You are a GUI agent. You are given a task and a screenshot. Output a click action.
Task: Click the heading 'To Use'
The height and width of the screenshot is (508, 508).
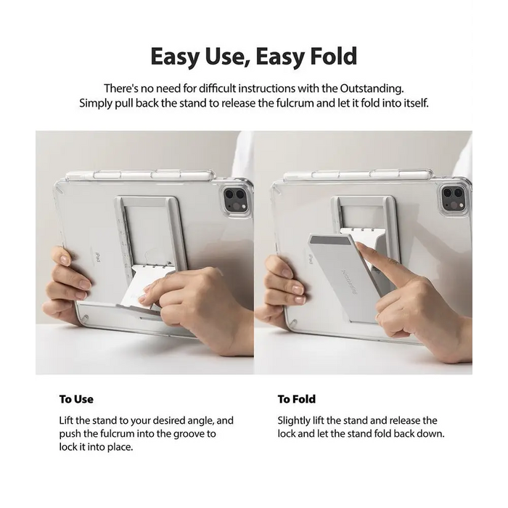pyautogui.click(x=76, y=399)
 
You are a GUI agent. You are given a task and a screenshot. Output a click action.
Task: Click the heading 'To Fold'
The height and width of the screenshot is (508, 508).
pyautogui.click(x=296, y=399)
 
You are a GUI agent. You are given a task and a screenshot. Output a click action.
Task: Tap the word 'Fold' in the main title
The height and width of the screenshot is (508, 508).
pyautogui.click(x=334, y=57)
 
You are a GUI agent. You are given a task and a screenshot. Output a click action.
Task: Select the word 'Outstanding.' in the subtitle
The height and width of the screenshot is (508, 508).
pyautogui.click(x=372, y=88)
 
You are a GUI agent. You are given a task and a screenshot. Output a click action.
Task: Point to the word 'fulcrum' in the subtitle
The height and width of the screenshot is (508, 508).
pyautogui.click(x=295, y=103)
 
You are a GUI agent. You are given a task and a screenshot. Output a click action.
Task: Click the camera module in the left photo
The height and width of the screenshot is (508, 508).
pyautogui.click(x=236, y=200)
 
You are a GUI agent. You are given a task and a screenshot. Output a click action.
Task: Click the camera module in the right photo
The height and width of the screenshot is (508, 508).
pyautogui.click(x=454, y=199)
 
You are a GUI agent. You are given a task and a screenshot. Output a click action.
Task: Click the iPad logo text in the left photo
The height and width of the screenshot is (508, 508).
pyautogui.click(x=97, y=258)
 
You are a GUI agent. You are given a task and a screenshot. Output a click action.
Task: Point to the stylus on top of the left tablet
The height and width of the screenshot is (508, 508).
pyautogui.click(x=140, y=176)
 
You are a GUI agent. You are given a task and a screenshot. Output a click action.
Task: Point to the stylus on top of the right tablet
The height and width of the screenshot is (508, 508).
pyautogui.click(x=358, y=176)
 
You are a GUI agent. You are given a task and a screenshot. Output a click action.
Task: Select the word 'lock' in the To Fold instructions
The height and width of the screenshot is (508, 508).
pyautogui.click(x=287, y=433)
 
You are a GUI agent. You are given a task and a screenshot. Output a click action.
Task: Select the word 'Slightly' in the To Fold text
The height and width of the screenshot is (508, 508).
pyautogui.click(x=294, y=420)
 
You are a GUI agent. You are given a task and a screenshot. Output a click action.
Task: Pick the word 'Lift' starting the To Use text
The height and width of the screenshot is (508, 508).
pyautogui.click(x=66, y=420)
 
